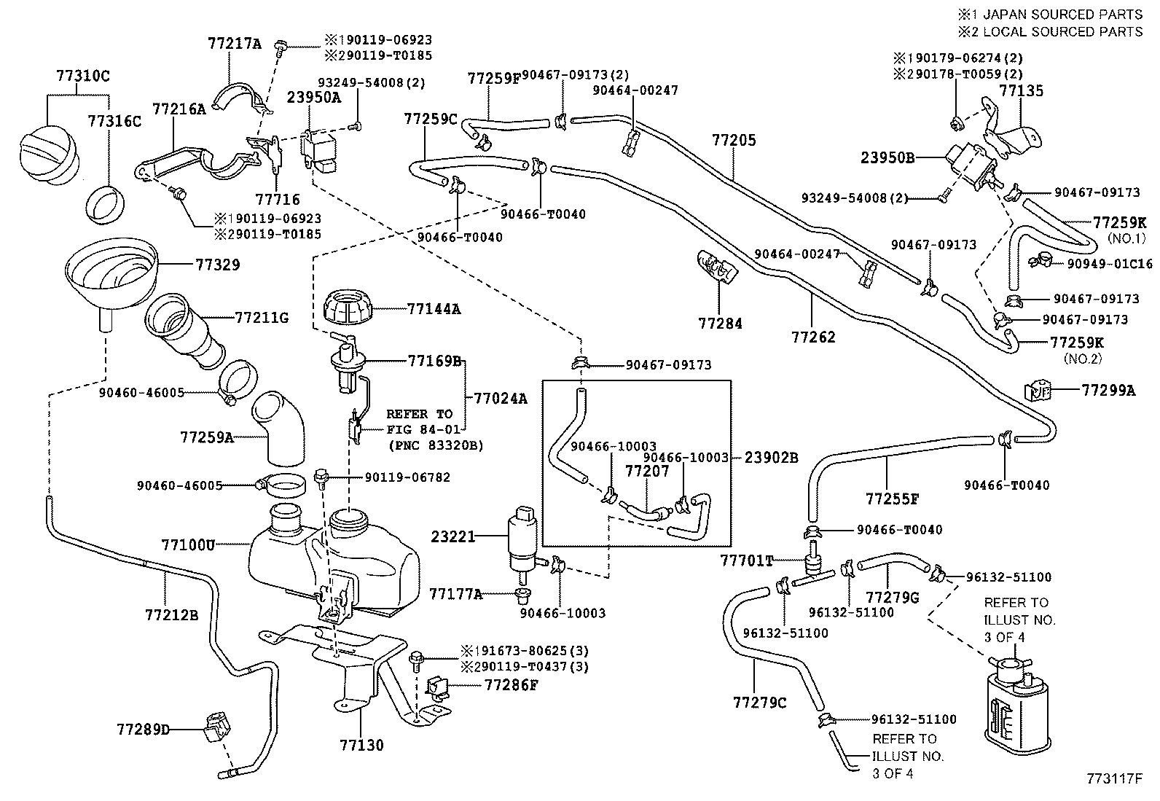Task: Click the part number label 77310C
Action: coord(82,75)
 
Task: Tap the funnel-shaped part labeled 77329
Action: coord(111,270)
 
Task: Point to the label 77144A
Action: coord(434,308)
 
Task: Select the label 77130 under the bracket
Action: coord(361,745)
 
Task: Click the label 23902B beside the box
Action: coord(771,458)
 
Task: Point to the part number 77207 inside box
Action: coord(643,472)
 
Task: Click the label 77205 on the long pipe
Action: coord(734,140)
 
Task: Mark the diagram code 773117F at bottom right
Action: coord(1113,779)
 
